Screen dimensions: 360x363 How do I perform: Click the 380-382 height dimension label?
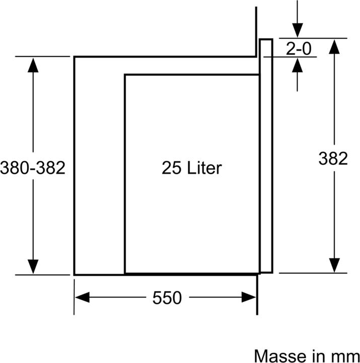point(33,167)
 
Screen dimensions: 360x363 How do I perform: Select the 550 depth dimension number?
point(167,298)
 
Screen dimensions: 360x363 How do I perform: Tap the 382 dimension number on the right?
point(333,158)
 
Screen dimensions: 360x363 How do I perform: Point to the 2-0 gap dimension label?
point(299,49)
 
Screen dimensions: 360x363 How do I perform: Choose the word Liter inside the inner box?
point(204,167)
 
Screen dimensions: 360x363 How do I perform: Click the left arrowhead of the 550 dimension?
point(82,297)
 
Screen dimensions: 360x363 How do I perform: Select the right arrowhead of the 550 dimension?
point(249,297)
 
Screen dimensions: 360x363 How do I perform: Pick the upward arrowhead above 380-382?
point(33,65)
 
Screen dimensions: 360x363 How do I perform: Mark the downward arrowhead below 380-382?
point(33,267)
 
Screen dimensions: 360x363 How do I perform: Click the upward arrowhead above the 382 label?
point(334,47)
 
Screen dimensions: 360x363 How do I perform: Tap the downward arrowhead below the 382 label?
point(334,265)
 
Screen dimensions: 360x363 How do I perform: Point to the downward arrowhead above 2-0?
point(298,30)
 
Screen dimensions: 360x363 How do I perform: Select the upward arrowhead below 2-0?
point(298,65)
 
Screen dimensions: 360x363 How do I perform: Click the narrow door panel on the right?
point(266,156)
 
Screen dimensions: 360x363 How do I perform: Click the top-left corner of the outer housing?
point(75,56)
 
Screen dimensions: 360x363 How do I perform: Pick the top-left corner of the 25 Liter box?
point(125,75)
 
